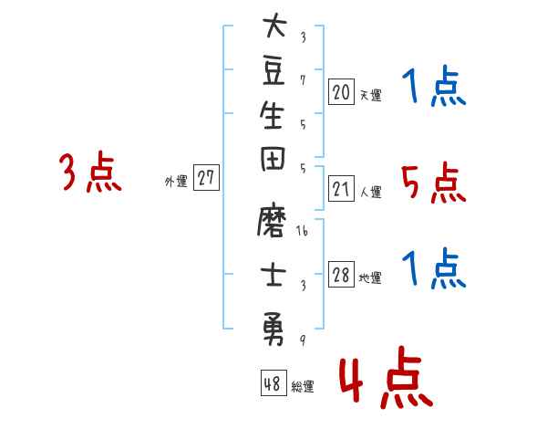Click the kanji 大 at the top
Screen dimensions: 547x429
tap(275, 25)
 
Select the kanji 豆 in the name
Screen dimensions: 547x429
tap(273, 71)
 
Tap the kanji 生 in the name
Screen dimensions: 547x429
tap(272, 115)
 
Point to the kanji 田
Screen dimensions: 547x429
tap(273, 159)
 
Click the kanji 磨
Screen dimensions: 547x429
tap(272, 219)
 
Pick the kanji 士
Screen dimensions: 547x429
tap(273, 275)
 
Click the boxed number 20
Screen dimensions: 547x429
tap(341, 92)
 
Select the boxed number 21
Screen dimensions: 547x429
tap(341, 189)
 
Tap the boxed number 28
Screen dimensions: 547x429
tap(341, 275)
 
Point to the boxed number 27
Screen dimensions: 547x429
tap(206, 177)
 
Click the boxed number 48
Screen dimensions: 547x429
tap(273, 382)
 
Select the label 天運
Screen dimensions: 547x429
tap(370, 95)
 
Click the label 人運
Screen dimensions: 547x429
tap(370, 192)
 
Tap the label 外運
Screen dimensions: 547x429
tap(176, 182)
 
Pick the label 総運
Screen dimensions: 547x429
tap(303, 386)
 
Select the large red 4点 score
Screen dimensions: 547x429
tap(387, 377)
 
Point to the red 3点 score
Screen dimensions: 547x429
tap(90, 172)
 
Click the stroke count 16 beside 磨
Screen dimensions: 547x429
tap(302, 231)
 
